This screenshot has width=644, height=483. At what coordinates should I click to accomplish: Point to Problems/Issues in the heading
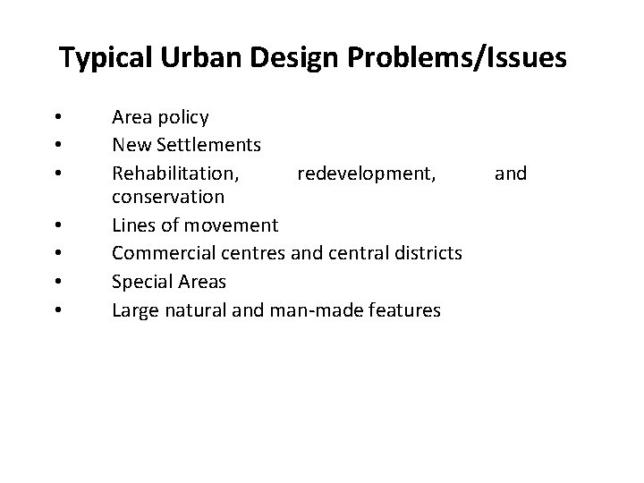(456, 59)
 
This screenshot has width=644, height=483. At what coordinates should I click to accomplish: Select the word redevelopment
(367, 172)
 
